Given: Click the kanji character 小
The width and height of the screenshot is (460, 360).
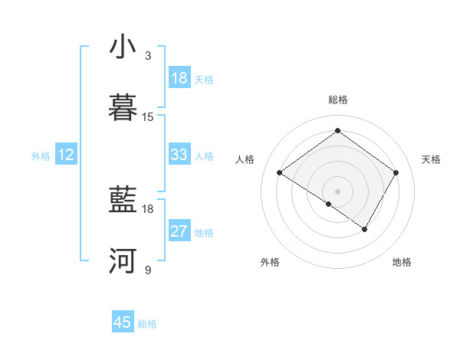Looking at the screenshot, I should (x=123, y=47).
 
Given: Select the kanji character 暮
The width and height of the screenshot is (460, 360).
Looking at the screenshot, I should (x=123, y=108).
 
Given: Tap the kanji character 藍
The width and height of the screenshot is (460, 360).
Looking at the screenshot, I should (x=123, y=201).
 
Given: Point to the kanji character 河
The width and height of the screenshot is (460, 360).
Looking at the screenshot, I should (x=123, y=261).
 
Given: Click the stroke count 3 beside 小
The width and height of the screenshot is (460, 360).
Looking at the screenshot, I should (x=148, y=55).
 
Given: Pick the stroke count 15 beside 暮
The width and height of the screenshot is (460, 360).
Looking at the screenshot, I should (x=148, y=116).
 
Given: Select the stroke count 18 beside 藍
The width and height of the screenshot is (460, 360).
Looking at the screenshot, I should (x=148, y=208).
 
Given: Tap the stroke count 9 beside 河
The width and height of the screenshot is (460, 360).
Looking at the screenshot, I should (x=148, y=270).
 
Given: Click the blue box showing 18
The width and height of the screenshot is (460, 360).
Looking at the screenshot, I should (x=179, y=78).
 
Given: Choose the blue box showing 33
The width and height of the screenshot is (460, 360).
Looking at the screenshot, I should (x=179, y=155).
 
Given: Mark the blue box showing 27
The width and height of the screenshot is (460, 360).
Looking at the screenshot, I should (x=179, y=231).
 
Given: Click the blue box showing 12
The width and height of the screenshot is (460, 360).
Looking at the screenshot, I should (x=66, y=155).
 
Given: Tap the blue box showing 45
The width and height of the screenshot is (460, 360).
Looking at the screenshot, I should (x=123, y=322).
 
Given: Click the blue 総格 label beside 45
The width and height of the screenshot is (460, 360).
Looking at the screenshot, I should (x=147, y=324).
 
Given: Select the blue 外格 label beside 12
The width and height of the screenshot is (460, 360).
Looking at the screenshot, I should (x=41, y=156).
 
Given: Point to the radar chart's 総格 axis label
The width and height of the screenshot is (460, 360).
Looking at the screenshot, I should (x=337, y=100).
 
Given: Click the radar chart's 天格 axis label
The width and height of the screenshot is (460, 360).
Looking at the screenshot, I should (x=432, y=159).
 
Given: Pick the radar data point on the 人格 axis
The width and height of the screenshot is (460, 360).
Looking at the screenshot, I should (x=280, y=173).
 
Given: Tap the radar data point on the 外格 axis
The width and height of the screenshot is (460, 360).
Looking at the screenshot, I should (x=329, y=204).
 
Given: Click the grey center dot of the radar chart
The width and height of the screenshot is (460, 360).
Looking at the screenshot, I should (x=337, y=191).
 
